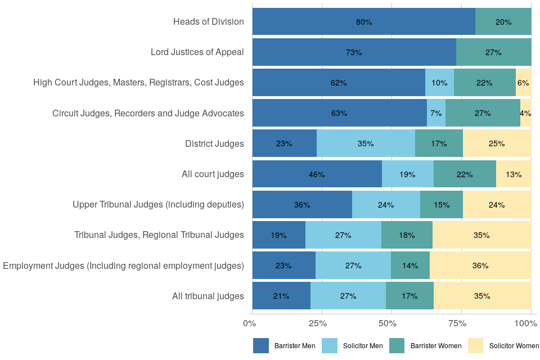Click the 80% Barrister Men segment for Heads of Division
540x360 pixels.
[x=363, y=22]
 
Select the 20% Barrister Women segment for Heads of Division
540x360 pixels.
[x=503, y=22]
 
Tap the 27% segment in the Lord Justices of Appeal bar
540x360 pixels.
[x=493, y=52]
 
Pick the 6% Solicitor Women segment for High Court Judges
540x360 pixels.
[x=523, y=83]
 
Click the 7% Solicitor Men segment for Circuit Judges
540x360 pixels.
[x=436, y=113]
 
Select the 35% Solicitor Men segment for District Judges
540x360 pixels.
[x=366, y=143]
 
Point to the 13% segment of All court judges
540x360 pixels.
[x=514, y=174]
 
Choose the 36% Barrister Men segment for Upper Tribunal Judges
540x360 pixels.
[x=302, y=204]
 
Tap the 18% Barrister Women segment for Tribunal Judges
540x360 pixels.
[x=407, y=235]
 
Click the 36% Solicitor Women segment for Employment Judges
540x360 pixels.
[x=480, y=265]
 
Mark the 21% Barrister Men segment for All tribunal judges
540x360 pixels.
[x=281, y=295]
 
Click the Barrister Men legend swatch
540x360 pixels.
[x=261, y=345]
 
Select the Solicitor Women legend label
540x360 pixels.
[x=514, y=345]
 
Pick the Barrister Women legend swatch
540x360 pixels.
[x=397, y=345]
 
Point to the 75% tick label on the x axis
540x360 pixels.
[x=458, y=323]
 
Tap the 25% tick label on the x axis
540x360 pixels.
[x=318, y=323]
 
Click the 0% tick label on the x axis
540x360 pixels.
[x=250, y=323]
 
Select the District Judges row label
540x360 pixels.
[x=214, y=143]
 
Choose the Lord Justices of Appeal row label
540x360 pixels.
[x=197, y=52]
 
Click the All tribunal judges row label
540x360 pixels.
[x=208, y=295]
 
